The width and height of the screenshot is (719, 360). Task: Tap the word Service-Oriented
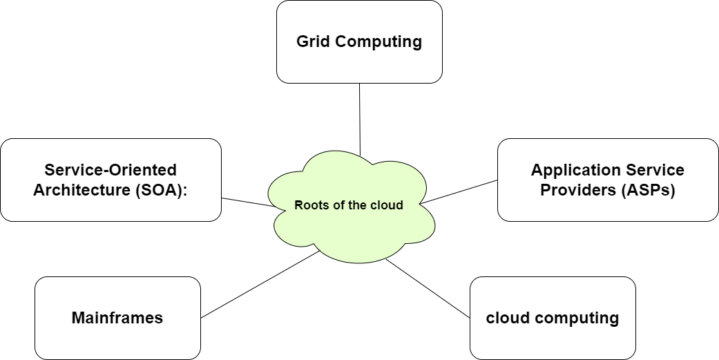click(x=111, y=170)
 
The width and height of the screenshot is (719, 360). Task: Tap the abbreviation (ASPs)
click(x=646, y=190)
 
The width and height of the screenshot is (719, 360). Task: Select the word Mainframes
click(x=117, y=318)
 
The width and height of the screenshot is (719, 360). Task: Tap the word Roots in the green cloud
click(x=309, y=205)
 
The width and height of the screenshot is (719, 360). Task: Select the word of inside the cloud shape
click(x=334, y=205)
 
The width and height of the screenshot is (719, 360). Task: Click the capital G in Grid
click(x=303, y=41)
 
